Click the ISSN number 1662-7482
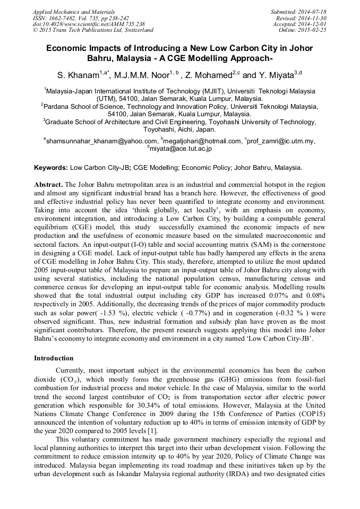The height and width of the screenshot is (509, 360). pos(67,18)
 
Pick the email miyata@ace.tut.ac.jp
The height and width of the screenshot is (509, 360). pos(181,149)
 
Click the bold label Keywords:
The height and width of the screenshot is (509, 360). pos(51,167)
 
